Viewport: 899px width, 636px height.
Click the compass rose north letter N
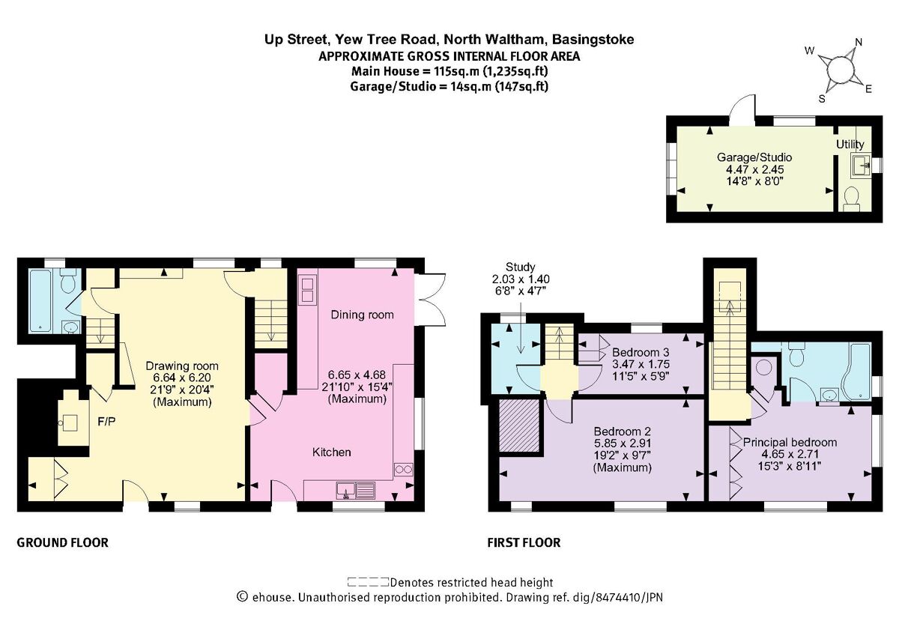click(859, 43)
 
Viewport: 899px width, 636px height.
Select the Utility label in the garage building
click(850, 144)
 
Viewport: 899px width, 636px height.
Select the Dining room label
click(362, 315)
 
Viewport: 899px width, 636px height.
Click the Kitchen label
click(331, 452)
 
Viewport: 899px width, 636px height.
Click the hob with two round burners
click(404, 470)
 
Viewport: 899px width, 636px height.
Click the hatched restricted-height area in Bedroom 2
click(520, 426)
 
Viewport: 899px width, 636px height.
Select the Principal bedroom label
click(790, 442)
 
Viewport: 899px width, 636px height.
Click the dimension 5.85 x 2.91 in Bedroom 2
click(622, 443)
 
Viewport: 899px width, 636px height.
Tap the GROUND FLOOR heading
click(62, 542)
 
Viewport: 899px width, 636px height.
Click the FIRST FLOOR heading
click(524, 542)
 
